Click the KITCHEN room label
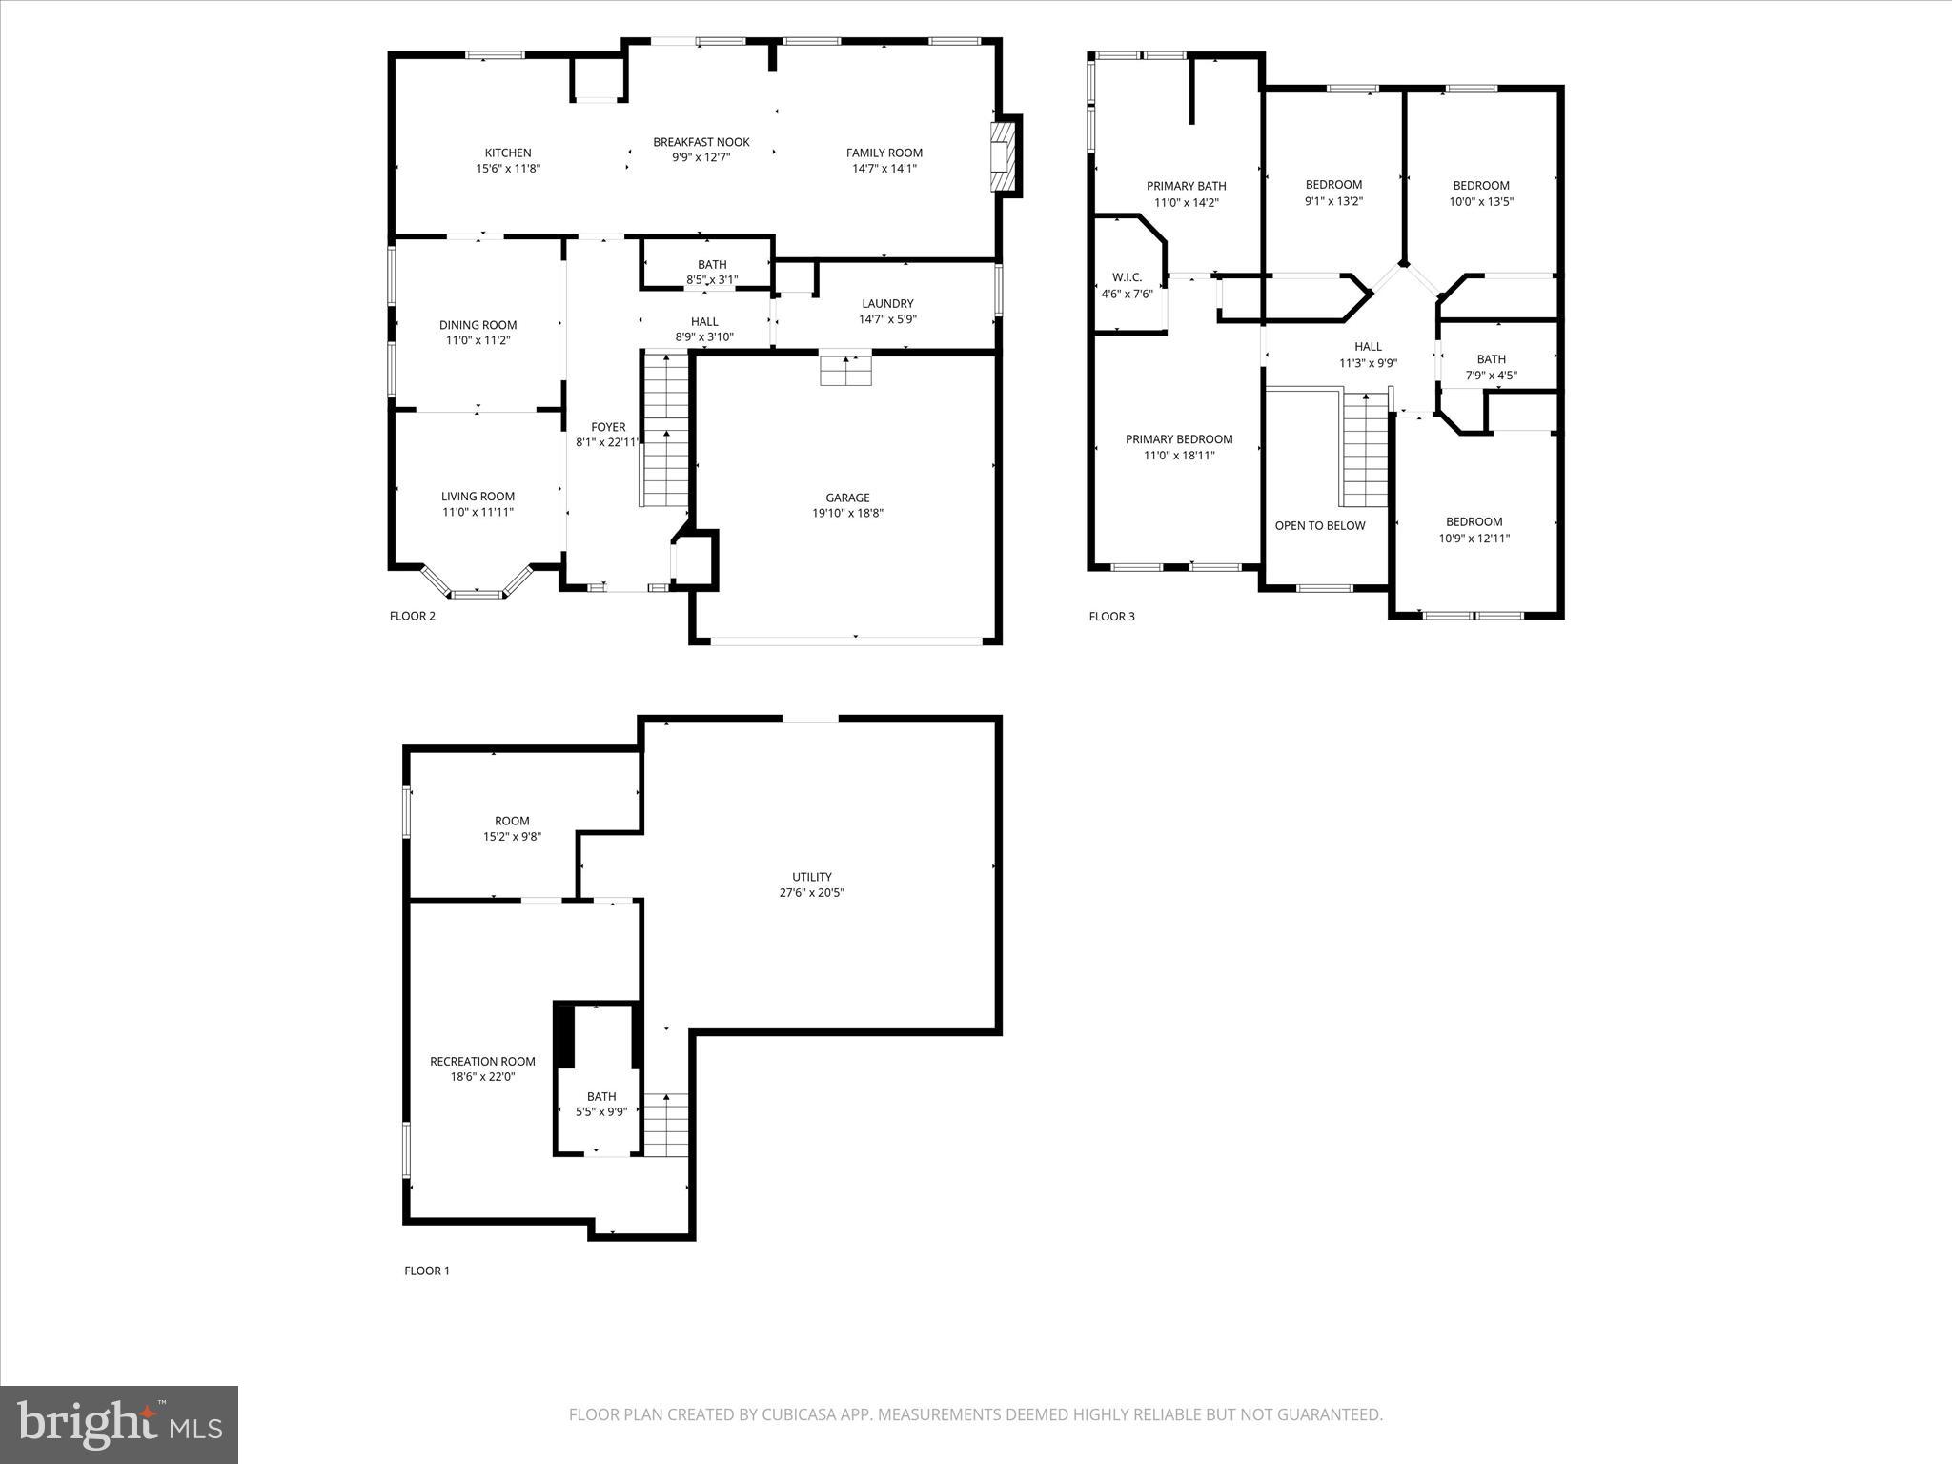point(508,152)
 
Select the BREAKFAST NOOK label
point(701,142)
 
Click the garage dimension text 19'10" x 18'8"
point(847,513)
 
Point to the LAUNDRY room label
point(887,304)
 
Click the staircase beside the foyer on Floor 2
point(664,429)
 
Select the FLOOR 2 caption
point(412,616)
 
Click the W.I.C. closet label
point(1127,277)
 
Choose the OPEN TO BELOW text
point(1320,525)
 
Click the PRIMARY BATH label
point(1186,186)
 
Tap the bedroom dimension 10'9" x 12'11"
point(1474,538)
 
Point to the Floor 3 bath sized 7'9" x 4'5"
point(1491,367)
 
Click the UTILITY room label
point(811,877)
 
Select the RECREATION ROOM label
point(482,1061)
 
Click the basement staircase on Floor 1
point(665,1125)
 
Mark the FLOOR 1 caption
point(426,1271)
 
